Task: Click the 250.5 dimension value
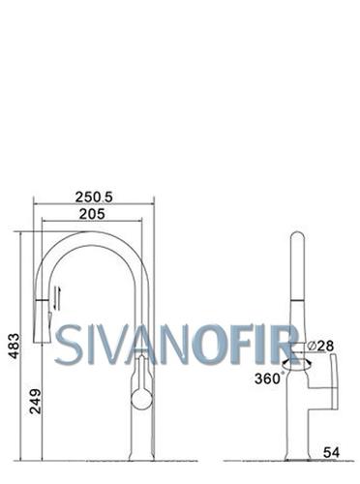(94, 197)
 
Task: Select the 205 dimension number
(92, 214)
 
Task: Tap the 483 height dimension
(15, 346)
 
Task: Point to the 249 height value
(36, 402)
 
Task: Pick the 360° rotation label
(267, 378)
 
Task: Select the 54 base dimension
(332, 453)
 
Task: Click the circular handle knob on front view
(142, 399)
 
